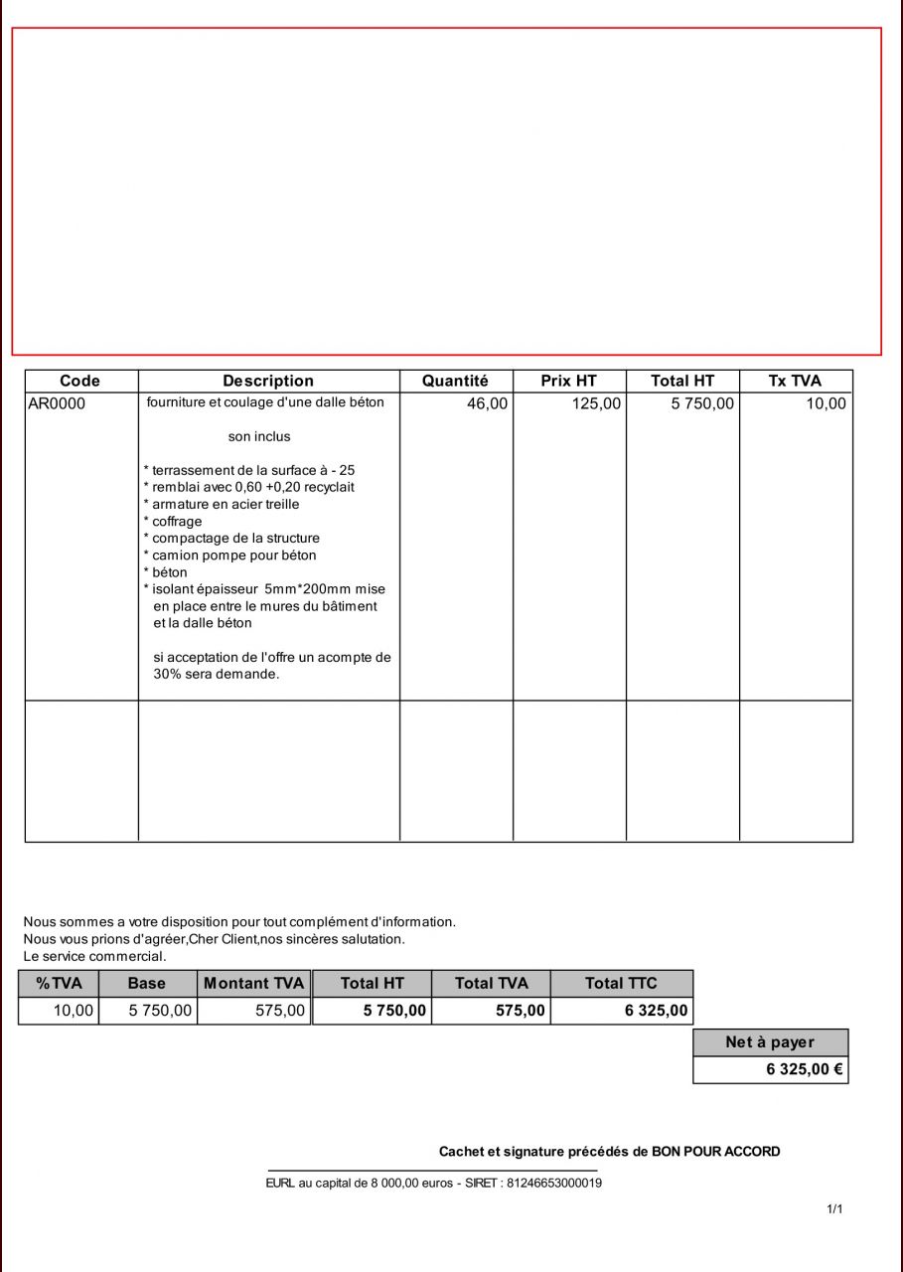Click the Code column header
coord(79,381)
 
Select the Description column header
coord(268,381)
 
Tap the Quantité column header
coord(455,381)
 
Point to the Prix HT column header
coord(568,381)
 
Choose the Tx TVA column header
coord(795,381)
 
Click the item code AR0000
coord(57,403)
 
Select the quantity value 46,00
coord(487,403)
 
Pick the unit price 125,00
coord(596,403)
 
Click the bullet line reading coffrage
coord(176,521)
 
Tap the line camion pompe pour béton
coord(233,555)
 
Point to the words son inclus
coord(259,436)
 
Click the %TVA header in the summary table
coord(59,983)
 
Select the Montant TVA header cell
coord(253,983)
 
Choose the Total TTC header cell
coord(621,983)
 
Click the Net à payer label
coord(770,1042)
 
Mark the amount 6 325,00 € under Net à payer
coord(804,1070)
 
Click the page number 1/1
coord(834,1209)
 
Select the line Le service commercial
coord(94,956)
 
